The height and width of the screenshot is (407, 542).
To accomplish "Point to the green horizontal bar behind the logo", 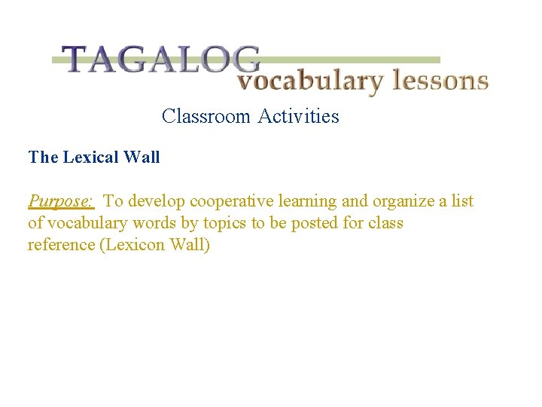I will point(354,60).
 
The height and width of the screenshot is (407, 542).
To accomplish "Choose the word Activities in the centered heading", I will point(299,116).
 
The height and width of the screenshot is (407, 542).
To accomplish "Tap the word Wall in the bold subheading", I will point(142,158).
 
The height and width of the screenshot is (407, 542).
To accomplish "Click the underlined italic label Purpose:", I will point(61,201).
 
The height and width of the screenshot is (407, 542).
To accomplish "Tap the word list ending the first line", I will point(461,201).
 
